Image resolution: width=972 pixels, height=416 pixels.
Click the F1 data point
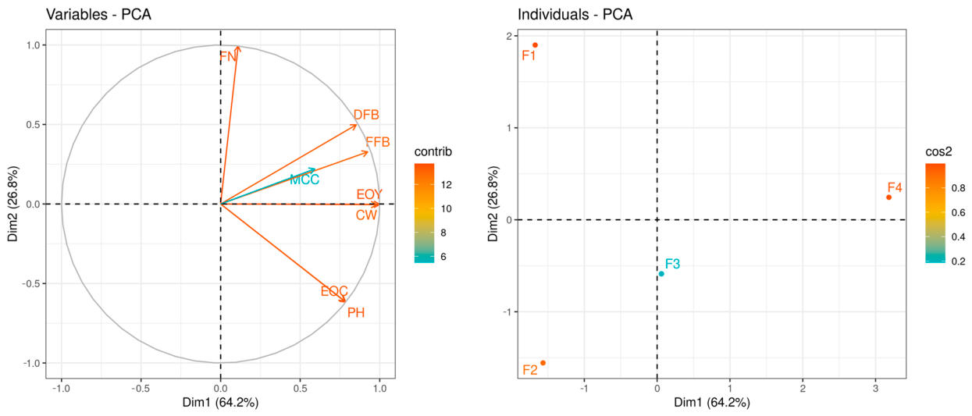coord(535,45)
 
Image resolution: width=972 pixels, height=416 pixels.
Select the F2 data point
coord(543,363)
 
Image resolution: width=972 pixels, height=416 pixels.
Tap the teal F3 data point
coord(661,274)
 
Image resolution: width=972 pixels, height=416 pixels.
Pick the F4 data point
coord(888,197)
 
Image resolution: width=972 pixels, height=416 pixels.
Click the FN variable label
coord(228,56)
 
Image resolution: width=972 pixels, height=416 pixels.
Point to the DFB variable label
coord(366,115)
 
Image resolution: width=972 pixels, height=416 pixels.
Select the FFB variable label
coord(378,142)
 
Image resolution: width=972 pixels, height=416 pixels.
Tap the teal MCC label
coord(304,180)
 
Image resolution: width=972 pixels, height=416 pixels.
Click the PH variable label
coord(356,312)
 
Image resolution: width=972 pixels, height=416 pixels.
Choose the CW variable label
coord(366,215)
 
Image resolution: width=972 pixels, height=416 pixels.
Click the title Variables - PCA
coord(98,14)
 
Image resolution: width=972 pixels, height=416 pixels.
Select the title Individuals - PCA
coord(575,14)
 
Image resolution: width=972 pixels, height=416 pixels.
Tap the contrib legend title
coord(433,151)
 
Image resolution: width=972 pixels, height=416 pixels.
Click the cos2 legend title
coord(938,151)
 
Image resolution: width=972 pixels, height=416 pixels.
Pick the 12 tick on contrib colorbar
coord(446,185)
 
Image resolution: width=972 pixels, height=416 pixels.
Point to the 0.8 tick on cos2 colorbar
coord(958,188)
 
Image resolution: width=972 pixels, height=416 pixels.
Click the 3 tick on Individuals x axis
coord(876,388)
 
